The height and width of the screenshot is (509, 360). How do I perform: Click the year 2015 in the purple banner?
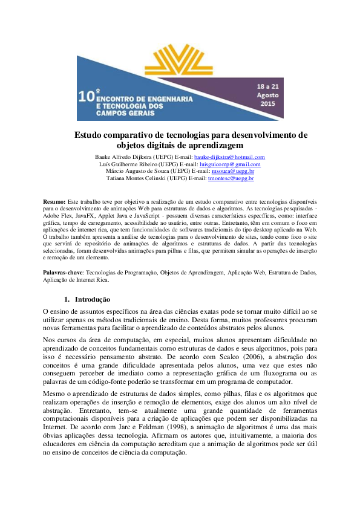(267, 104)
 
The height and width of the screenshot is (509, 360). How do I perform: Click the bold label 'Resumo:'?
(54, 200)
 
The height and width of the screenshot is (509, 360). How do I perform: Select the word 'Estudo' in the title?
(90, 135)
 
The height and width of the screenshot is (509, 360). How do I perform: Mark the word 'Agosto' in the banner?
(267, 95)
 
